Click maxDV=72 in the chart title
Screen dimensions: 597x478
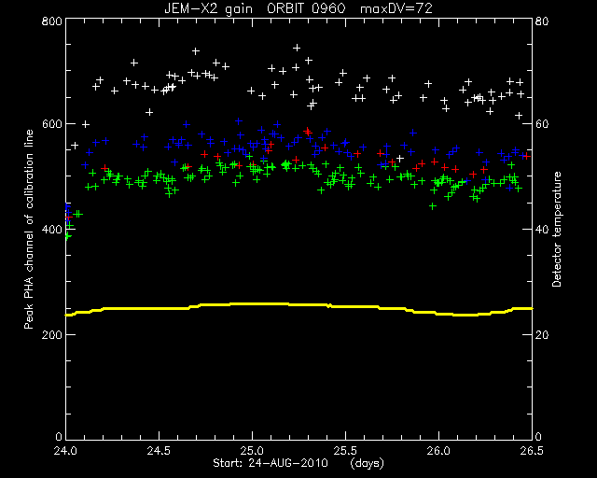(396, 8)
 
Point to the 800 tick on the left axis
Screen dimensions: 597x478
(51, 21)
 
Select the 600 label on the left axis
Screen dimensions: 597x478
(51, 124)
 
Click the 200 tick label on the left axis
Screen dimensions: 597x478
(51, 334)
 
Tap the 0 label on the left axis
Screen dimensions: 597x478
(58, 436)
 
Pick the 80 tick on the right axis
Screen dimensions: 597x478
(542, 21)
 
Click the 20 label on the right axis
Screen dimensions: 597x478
(542, 334)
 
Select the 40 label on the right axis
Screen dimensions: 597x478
(542, 230)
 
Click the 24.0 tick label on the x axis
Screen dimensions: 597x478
(65, 451)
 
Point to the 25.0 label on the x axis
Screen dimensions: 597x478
(252, 451)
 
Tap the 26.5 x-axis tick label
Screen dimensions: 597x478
(532, 451)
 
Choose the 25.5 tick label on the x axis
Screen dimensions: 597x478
(345, 451)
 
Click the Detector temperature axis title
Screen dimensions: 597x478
(557, 229)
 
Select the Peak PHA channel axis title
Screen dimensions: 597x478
(29, 229)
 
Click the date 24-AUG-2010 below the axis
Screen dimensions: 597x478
(288, 463)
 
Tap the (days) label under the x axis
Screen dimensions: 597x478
(367, 463)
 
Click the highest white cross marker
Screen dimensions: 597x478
(297, 48)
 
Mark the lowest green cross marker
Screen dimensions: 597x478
(67, 237)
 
